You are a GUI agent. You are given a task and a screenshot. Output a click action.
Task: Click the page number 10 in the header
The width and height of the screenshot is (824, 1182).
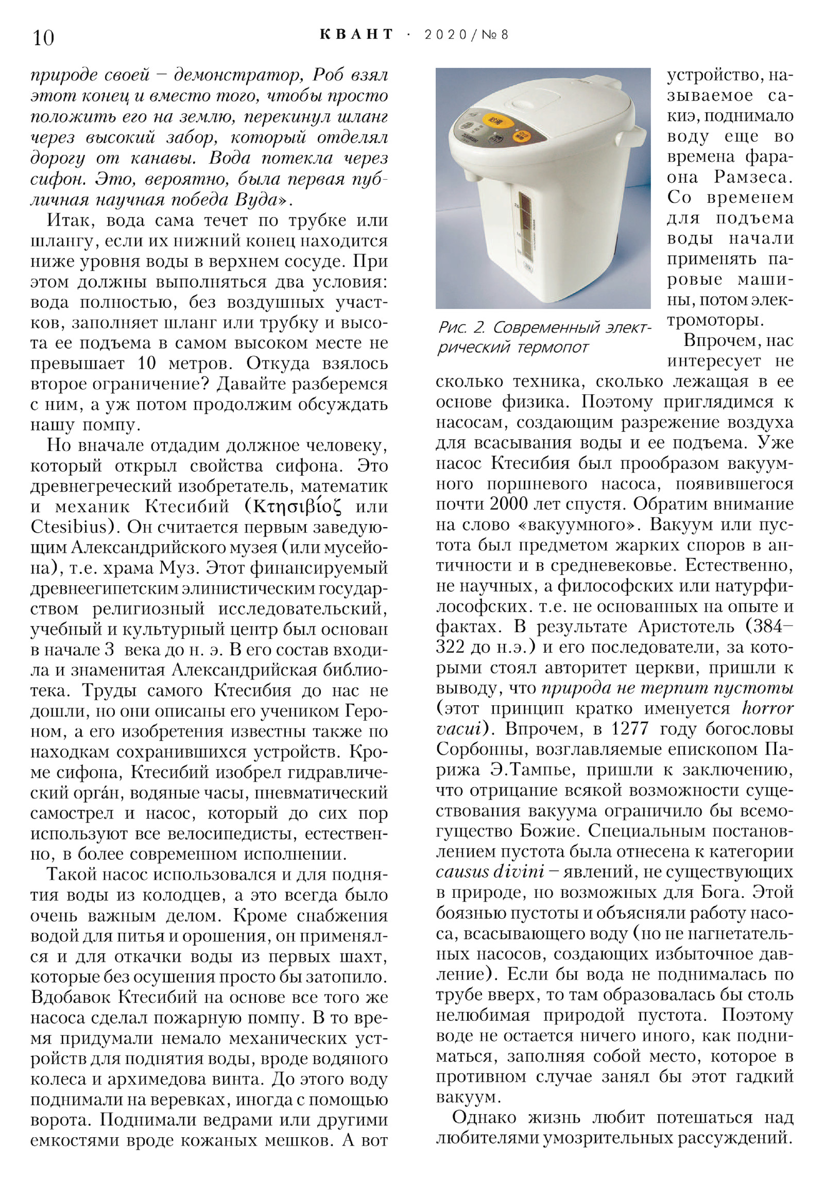click(x=43, y=38)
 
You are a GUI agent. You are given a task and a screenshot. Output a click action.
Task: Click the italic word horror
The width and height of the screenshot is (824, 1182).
click(x=767, y=709)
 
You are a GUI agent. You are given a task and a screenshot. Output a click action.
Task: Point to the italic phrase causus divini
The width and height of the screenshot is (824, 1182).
click(x=490, y=872)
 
